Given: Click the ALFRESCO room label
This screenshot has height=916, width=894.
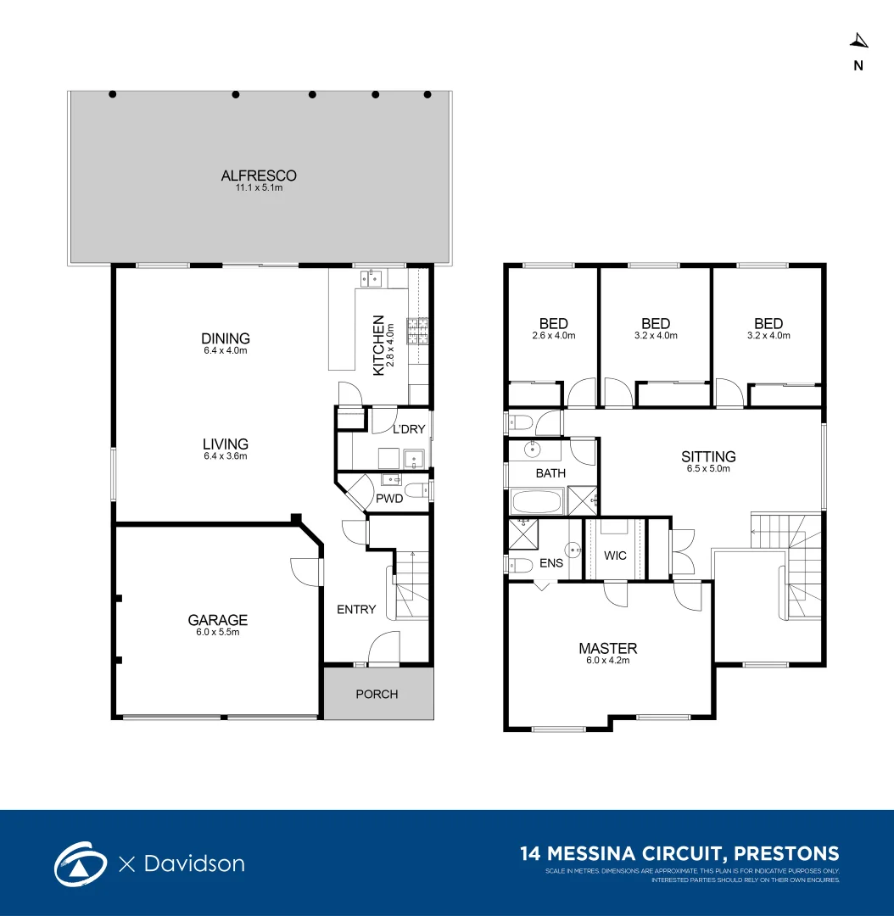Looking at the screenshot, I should click(x=259, y=176).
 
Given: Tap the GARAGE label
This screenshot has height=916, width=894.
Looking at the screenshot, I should click(x=218, y=620).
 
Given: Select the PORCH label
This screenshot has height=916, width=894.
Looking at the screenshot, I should click(x=377, y=694).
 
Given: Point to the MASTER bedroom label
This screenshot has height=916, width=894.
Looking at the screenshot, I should click(x=607, y=648).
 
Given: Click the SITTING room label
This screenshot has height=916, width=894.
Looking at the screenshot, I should click(x=708, y=456).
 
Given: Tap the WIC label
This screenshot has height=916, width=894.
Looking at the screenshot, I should click(x=615, y=556).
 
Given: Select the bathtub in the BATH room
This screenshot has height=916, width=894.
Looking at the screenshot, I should click(x=537, y=502).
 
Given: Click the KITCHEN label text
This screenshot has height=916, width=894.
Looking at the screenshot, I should click(x=379, y=345).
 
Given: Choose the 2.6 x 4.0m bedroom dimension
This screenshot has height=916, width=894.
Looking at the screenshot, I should click(x=553, y=336).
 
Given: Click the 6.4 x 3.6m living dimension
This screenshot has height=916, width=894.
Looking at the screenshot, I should click(x=225, y=456).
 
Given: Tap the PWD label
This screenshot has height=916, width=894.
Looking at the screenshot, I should click(x=389, y=499).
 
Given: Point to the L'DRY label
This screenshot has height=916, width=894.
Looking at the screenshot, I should click(x=408, y=429).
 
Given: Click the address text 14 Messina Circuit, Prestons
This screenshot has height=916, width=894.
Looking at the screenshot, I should click(x=679, y=853).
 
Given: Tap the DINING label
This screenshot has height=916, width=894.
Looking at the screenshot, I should click(x=225, y=338).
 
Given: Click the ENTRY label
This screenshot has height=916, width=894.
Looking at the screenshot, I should click(x=356, y=609).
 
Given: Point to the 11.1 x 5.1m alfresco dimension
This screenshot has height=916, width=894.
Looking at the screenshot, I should click(x=259, y=188).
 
